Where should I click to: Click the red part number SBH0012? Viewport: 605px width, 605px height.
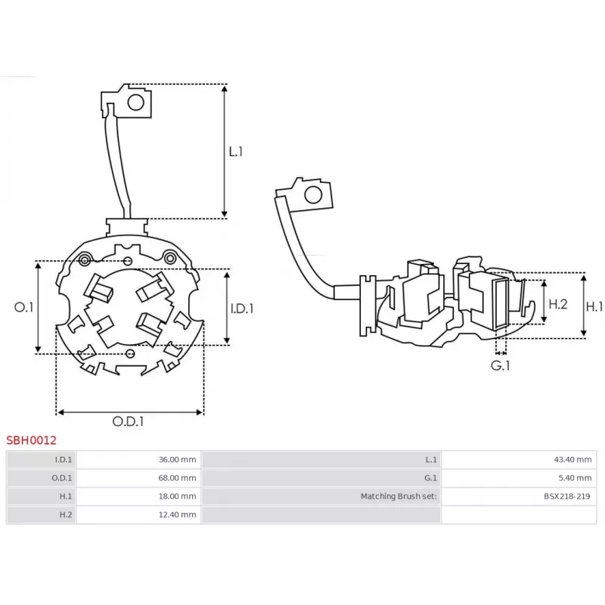click(31, 439)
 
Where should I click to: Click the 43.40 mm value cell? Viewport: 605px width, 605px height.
click(519, 459)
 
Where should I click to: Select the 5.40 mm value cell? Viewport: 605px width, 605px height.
click(519, 478)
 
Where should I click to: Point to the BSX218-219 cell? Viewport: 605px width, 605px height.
click(519, 496)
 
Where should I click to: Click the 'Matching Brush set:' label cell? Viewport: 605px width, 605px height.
click(321, 496)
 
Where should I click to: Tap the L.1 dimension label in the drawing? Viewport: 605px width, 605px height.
click(236, 151)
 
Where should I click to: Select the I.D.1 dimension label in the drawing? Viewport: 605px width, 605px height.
click(241, 309)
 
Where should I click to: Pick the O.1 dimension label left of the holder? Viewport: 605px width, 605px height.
click(24, 307)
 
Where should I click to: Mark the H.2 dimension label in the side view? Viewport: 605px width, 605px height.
click(557, 304)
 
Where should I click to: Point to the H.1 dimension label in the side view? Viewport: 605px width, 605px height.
click(595, 306)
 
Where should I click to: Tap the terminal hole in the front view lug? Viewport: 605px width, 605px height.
click(137, 102)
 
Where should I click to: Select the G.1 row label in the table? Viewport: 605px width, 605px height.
click(321, 478)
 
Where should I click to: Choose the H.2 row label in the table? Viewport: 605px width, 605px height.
click(42, 515)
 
